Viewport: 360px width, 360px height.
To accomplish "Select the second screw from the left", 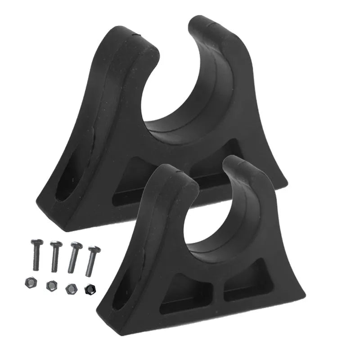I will click(55, 256).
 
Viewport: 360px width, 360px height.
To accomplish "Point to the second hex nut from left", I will click(51, 285).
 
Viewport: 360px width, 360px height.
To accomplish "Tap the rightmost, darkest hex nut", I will click(90, 289).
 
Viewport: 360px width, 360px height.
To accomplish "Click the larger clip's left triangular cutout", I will click(135, 178).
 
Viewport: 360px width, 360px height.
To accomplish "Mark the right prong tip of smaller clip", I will click(238, 162).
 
